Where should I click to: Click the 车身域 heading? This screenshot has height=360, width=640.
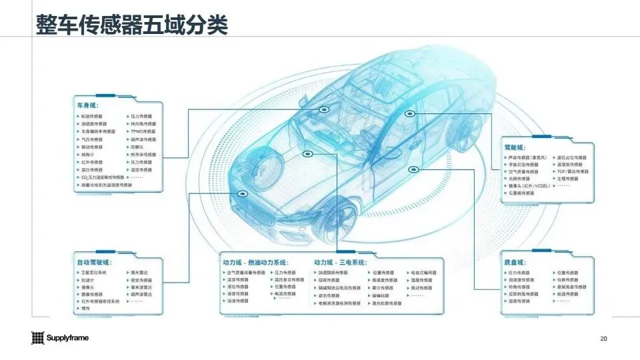(87, 105)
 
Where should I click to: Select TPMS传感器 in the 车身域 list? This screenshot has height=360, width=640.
(143, 131)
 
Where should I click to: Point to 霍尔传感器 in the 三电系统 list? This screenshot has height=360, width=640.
(383, 287)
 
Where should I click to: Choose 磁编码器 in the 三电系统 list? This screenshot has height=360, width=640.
(381, 295)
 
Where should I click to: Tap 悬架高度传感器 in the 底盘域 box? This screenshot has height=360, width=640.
(572, 287)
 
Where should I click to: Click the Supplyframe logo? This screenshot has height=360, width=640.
(60, 338)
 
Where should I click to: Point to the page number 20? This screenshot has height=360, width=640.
(604, 339)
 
